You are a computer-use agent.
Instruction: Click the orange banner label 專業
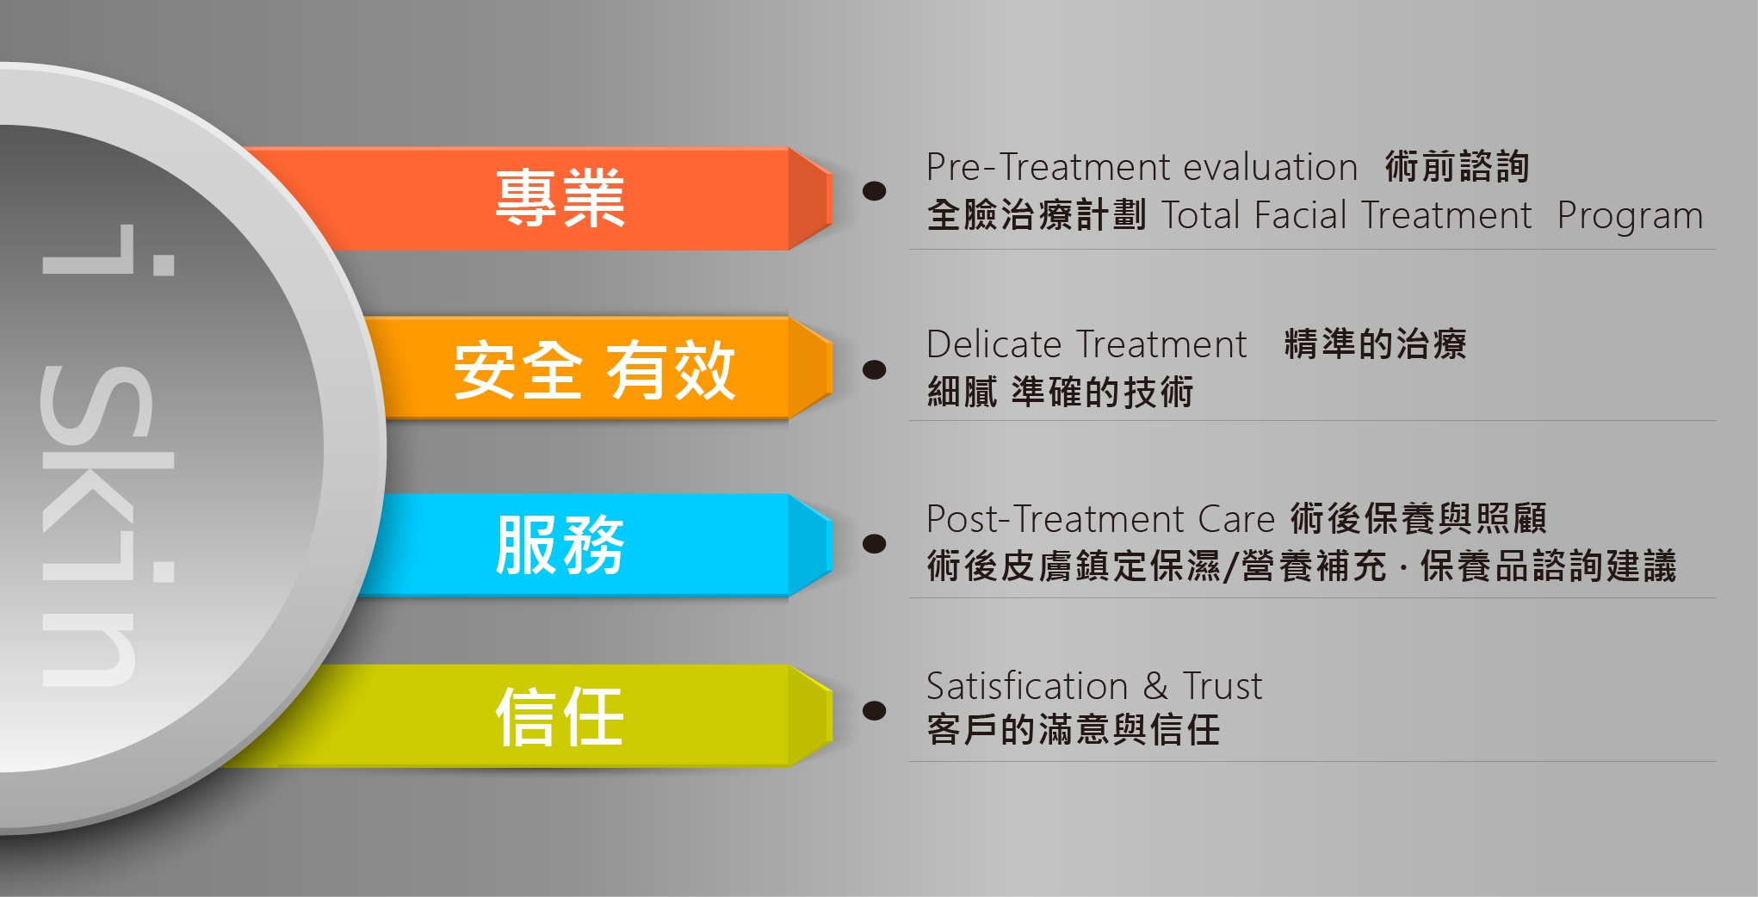[x=560, y=198]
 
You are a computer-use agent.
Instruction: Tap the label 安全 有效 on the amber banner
[x=594, y=370]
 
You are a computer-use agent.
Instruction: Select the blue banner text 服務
[x=560, y=544]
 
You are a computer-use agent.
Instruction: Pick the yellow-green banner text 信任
[x=560, y=716]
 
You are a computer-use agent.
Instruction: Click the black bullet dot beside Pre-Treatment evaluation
[x=875, y=190]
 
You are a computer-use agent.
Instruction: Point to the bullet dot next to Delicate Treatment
[x=875, y=369]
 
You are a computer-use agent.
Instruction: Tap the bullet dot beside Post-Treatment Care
[x=875, y=543]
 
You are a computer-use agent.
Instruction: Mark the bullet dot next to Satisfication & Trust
[x=875, y=710]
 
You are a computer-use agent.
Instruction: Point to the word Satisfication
[x=1027, y=686]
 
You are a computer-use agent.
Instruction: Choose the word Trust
[x=1223, y=686]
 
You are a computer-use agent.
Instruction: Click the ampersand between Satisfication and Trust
[x=1155, y=687]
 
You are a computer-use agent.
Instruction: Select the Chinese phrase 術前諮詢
[x=1457, y=166]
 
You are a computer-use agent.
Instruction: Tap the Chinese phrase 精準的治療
[x=1375, y=344]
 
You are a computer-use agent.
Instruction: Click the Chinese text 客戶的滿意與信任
[x=1074, y=730]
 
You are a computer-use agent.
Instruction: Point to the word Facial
[x=1300, y=215]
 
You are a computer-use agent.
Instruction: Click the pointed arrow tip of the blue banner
[x=832, y=544]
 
